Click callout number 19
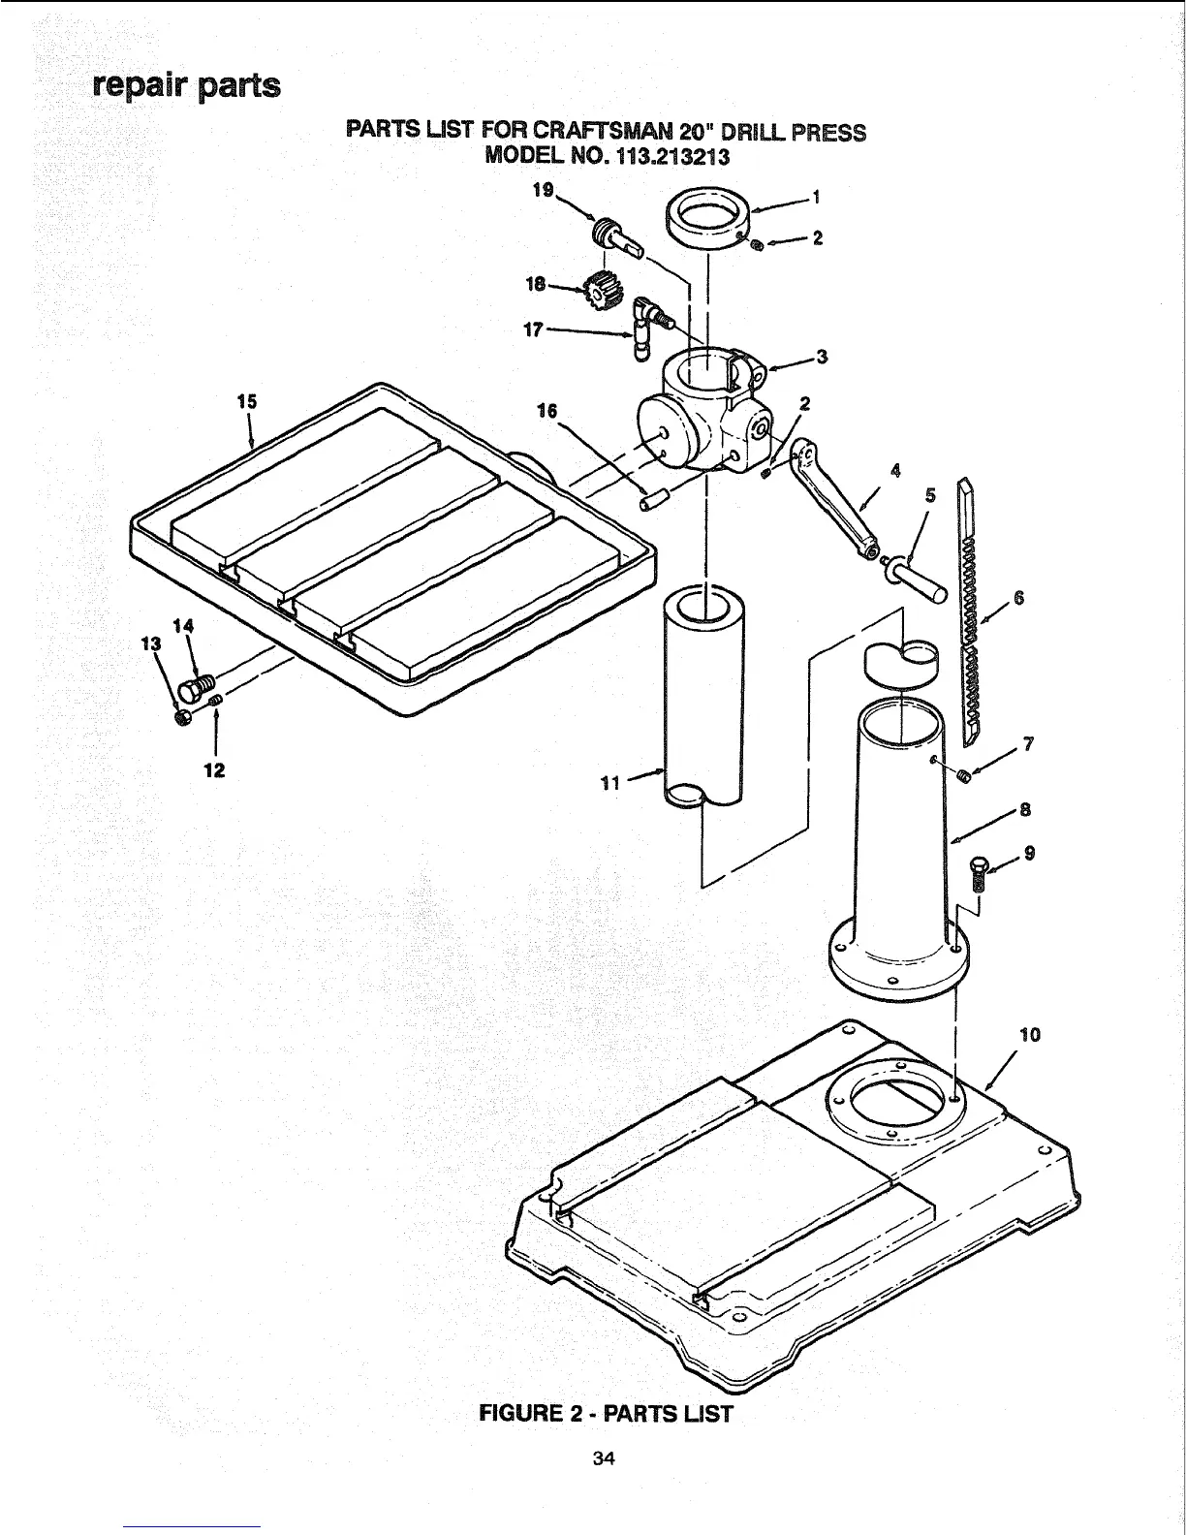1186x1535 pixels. pyautogui.click(x=543, y=191)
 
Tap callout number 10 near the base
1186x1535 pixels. pyautogui.click(x=1030, y=1034)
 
